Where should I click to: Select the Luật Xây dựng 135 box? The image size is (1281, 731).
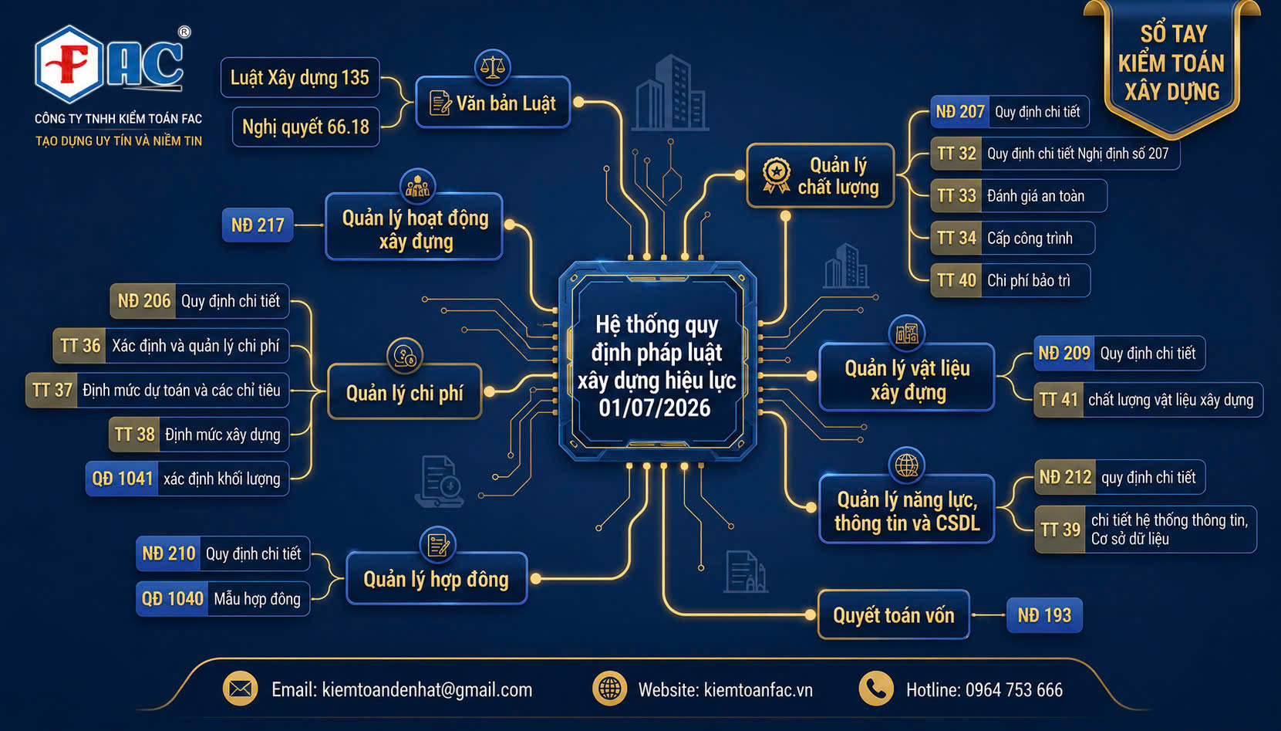pos(300,77)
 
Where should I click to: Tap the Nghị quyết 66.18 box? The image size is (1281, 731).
pos(306,127)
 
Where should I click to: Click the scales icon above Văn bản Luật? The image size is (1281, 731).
pos(492,66)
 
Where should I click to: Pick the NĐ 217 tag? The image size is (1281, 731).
pos(258,225)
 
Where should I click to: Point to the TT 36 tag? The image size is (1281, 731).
pos(79,346)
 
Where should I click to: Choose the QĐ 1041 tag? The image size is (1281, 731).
pos(122,479)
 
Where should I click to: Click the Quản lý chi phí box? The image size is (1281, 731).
pos(405,392)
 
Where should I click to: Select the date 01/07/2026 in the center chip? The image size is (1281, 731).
pos(655,408)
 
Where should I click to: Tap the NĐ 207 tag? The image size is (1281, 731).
pos(959,112)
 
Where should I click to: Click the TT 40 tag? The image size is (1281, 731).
pos(956,280)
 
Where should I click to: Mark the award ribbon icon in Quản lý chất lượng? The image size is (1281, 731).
pos(776,175)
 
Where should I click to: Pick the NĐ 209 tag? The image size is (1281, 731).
pos(1064,354)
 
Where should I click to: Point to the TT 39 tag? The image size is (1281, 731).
pos(1060,530)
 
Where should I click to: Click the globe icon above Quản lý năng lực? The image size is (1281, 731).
pos(906,465)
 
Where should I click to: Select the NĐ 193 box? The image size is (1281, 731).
pos(1044,615)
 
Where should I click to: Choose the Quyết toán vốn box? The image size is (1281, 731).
pos(894,614)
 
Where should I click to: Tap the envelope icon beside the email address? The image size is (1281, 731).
pos(240,689)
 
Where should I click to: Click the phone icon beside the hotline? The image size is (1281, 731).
pos(876,689)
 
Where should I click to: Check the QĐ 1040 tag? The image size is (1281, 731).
pos(172,599)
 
